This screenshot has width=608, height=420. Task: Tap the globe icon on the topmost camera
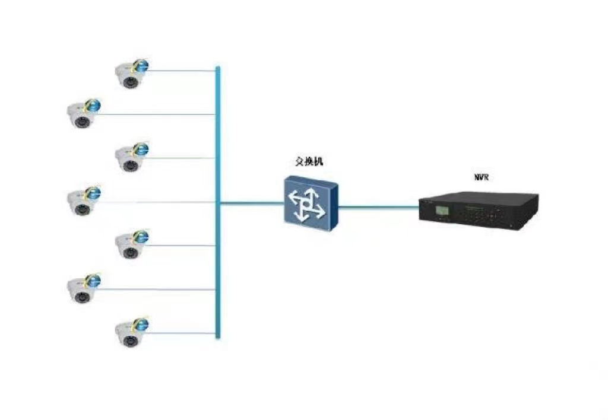(141, 65)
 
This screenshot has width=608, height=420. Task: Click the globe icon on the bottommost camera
(141, 324)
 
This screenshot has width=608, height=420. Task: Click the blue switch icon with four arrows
(311, 203)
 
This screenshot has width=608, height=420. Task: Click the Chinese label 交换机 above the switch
(309, 161)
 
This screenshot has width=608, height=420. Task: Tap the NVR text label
(482, 177)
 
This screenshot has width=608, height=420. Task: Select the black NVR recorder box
(479, 211)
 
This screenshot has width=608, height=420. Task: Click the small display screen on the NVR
(442, 211)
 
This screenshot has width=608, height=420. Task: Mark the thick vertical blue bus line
(218, 203)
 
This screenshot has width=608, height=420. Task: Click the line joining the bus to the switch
(252, 203)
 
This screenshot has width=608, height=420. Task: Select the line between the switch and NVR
(378, 207)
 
